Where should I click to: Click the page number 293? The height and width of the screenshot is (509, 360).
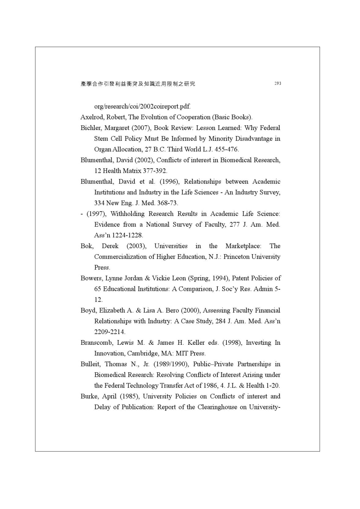coord(278,84)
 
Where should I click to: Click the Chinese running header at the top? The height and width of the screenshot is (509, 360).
coord(138,84)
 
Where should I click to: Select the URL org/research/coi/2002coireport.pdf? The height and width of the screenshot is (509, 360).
coord(142,106)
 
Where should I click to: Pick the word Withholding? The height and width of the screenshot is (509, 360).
coord(128,214)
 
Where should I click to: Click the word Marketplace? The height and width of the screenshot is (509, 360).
coord(243,246)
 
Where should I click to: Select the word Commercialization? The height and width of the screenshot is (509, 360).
coord(120,257)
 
